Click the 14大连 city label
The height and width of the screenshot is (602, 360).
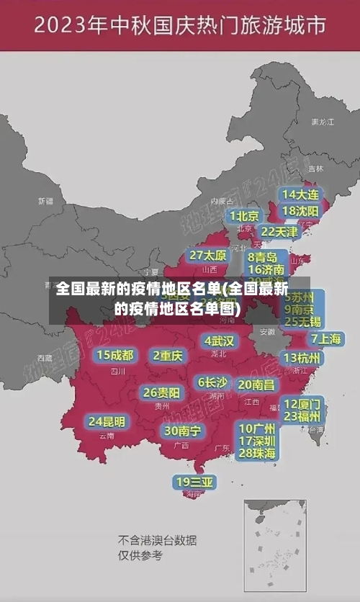pyautogui.click(x=300, y=194)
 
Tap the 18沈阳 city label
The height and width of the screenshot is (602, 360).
pyautogui.click(x=300, y=211)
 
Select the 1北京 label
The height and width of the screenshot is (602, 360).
pyautogui.click(x=245, y=216)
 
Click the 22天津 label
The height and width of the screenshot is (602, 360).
pyautogui.click(x=279, y=232)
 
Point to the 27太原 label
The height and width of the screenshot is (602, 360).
pyautogui.click(x=208, y=256)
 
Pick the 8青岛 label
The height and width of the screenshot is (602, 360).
pyautogui.click(x=263, y=257)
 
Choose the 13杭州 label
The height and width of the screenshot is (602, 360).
pyautogui.click(x=303, y=358)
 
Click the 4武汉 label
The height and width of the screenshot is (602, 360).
pyautogui.click(x=220, y=340)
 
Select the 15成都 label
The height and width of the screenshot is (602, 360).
pyautogui.click(x=115, y=355)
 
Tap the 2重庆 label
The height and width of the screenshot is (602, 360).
pyautogui.click(x=168, y=355)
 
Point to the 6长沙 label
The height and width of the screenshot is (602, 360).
pyautogui.click(x=213, y=382)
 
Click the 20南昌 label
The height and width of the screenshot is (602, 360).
pyautogui.click(x=256, y=385)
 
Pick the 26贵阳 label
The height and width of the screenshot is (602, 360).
pyautogui.click(x=161, y=392)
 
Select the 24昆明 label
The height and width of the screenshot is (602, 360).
pyautogui.click(x=107, y=421)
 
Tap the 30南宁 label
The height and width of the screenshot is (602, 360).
pyautogui.click(x=182, y=431)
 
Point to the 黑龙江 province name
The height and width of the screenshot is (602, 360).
pyautogui.click(x=323, y=122)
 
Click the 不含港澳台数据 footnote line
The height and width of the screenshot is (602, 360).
pyautogui.click(x=158, y=540)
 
